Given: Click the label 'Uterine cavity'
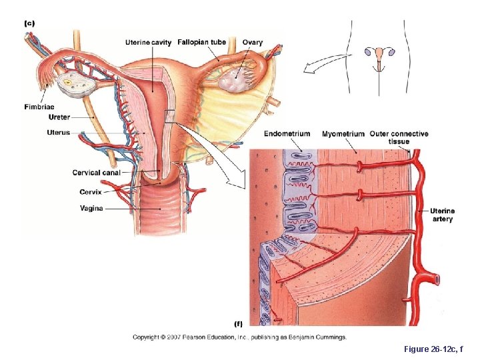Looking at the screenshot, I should tap(148, 43).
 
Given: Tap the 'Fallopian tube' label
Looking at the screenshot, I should tap(201, 43).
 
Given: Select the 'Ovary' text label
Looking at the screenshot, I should tap(252, 43).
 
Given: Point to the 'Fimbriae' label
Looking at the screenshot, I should tap(39, 107).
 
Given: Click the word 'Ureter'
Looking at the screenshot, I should tap(59, 117).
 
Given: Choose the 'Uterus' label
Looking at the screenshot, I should tap(58, 133).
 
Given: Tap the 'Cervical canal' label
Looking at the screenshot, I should tap(96, 173).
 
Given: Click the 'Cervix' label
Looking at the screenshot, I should tap(91, 192).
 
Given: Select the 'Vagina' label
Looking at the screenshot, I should tap(91, 208).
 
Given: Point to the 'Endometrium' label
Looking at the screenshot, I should tap(287, 133).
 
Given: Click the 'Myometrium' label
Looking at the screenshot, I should tap(343, 134).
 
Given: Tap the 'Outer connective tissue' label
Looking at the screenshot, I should tap(399, 137).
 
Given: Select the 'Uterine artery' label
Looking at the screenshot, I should tap(443, 215).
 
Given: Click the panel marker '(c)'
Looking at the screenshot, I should tap(29, 23).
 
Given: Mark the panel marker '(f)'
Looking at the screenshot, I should tap(237, 325).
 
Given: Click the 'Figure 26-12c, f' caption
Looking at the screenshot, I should tap(433, 349).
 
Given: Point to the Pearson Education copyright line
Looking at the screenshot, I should tap(239, 337).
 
